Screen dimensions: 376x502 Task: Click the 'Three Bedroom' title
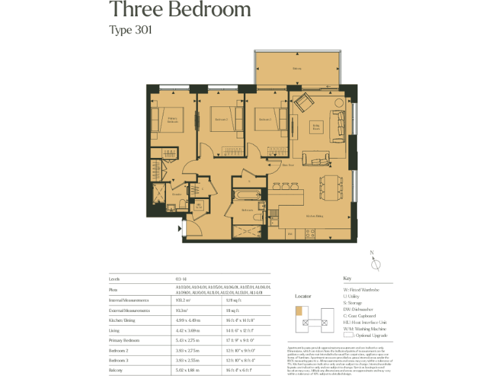[x=180, y=10]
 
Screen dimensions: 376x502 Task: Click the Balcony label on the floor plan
[x=297, y=68]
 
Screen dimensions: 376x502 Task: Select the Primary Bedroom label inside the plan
[x=172, y=120]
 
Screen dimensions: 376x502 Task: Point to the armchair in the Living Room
[x=303, y=102]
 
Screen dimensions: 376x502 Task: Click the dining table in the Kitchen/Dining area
[x=333, y=187]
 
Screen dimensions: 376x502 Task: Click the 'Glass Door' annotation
[x=277, y=165]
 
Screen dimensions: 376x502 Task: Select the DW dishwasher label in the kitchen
[x=290, y=233]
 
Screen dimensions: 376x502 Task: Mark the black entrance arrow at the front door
[x=180, y=229]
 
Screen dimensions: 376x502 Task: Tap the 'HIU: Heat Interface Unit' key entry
[x=368, y=322]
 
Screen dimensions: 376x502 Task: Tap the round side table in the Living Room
[x=339, y=103]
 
